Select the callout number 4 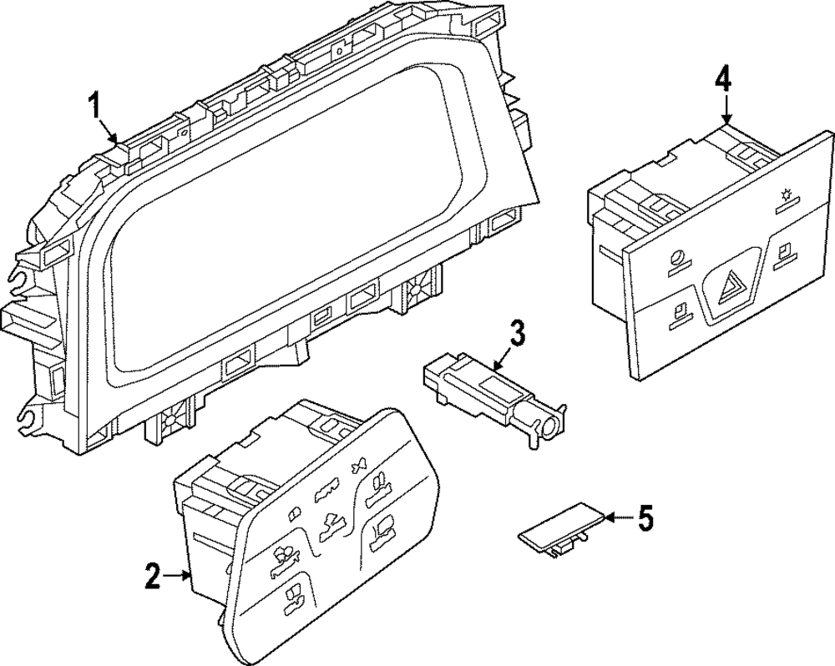pyautogui.click(x=723, y=80)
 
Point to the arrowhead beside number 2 pyautogui.click(x=189, y=575)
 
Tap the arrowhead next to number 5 pyautogui.click(x=608, y=518)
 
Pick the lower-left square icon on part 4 pyautogui.click(x=681, y=313)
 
